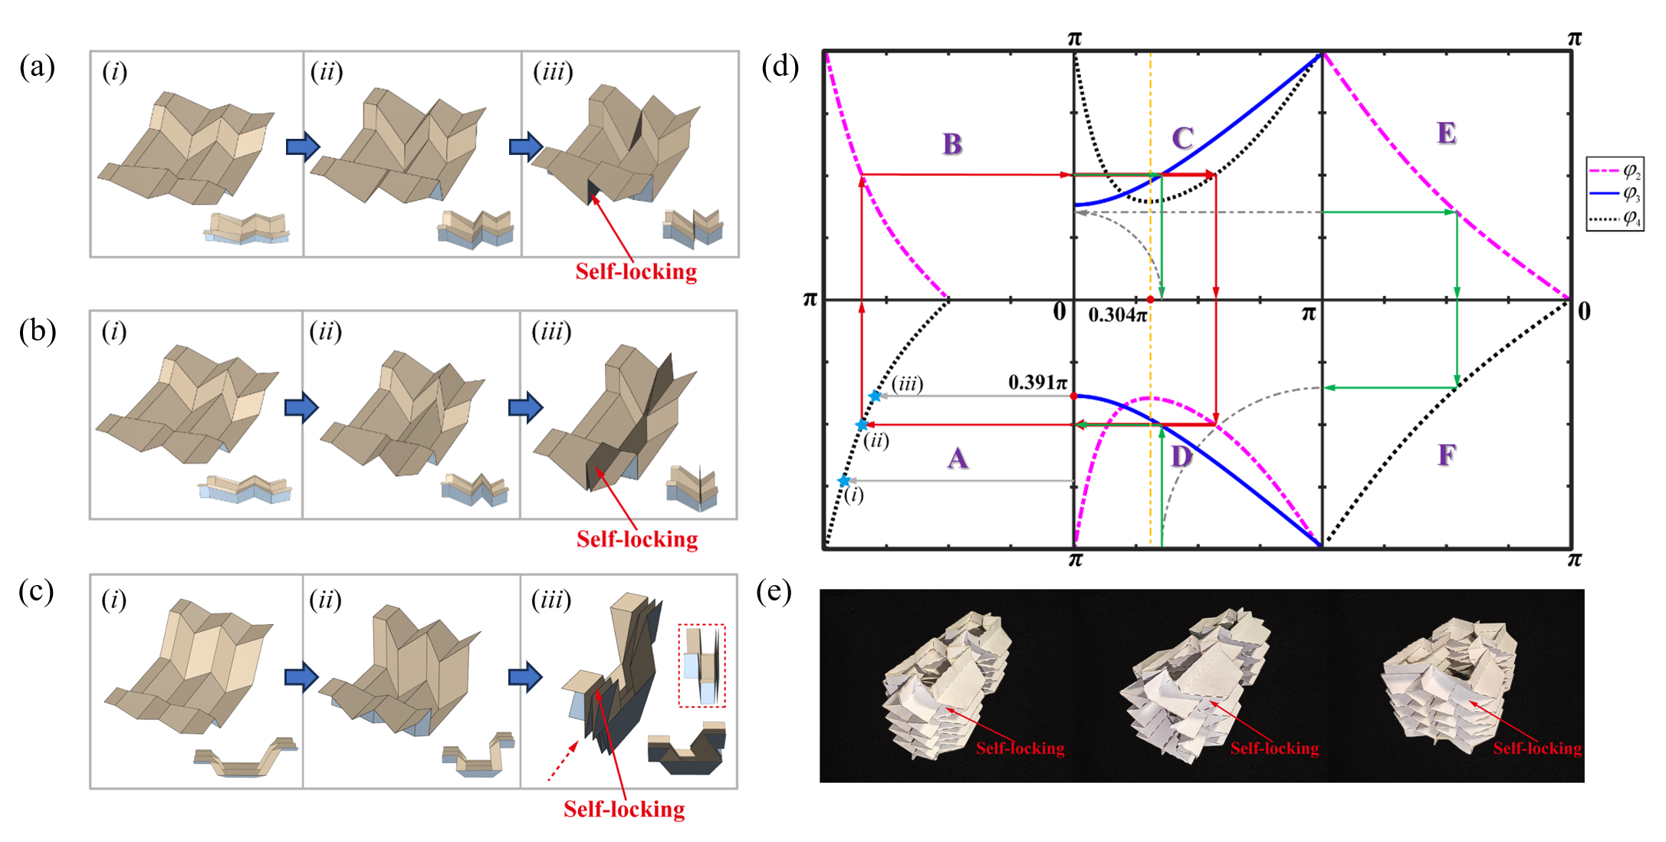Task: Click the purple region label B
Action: pyautogui.click(x=951, y=143)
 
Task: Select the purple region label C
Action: pyautogui.click(x=1182, y=138)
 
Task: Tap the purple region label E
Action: pyautogui.click(x=1446, y=133)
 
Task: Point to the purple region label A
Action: pyautogui.click(x=957, y=459)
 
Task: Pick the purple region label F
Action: pyautogui.click(x=1446, y=456)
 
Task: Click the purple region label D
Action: pyautogui.click(x=1181, y=457)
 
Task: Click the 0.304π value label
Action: pyautogui.click(x=1117, y=314)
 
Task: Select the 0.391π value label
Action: pyautogui.click(x=1037, y=382)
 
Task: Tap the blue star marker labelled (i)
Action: pyautogui.click(x=844, y=481)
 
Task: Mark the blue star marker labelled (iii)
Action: pyautogui.click(x=875, y=396)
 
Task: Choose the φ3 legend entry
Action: pyautogui.click(x=1615, y=193)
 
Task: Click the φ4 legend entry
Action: pyautogui.click(x=1615, y=219)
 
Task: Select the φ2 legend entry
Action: pyautogui.click(x=1615, y=169)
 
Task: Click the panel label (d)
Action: pyautogui.click(x=780, y=67)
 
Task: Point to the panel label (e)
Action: pyautogui.click(x=774, y=592)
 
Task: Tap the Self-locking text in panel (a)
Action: pyautogui.click(x=636, y=271)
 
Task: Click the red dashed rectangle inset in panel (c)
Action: pyautogui.click(x=702, y=665)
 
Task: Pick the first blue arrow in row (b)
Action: pyautogui.click(x=301, y=407)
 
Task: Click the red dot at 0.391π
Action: pyautogui.click(x=1074, y=396)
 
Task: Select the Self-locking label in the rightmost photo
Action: pyautogui.click(x=1536, y=748)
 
